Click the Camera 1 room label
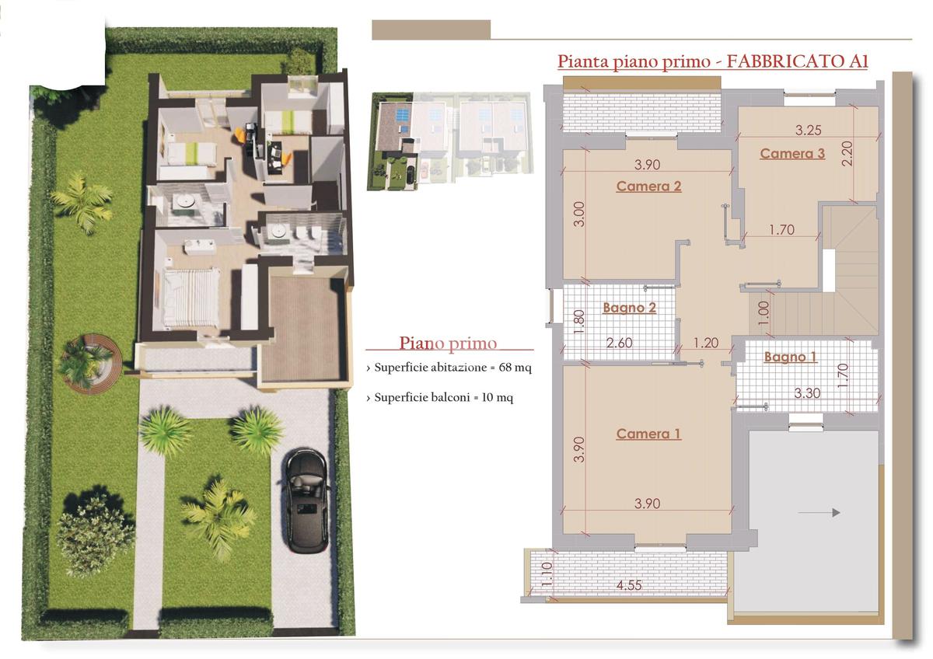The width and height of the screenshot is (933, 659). pyautogui.click(x=648, y=434)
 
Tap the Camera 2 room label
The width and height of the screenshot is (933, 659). pyautogui.click(x=648, y=186)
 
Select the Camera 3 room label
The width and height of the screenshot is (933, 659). pyautogui.click(x=792, y=154)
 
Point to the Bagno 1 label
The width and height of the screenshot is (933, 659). pyautogui.click(x=790, y=357)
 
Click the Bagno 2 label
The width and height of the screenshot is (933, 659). pyautogui.click(x=629, y=308)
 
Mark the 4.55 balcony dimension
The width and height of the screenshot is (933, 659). pyautogui.click(x=629, y=585)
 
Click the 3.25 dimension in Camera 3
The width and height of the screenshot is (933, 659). pyautogui.click(x=808, y=131)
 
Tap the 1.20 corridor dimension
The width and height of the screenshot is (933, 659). pyautogui.click(x=706, y=343)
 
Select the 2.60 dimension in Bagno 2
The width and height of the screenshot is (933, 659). pyautogui.click(x=619, y=343)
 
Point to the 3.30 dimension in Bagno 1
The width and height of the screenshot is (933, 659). pyautogui.click(x=807, y=393)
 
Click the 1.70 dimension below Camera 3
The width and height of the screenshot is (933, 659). pyautogui.click(x=782, y=230)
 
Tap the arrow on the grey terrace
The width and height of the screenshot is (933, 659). pyautogui.click(x=819, y=512)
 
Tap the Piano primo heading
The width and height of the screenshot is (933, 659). pyautogui.click(x=448, y=343)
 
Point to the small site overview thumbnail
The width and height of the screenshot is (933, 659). pyautogui.click(x=450, y=141)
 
